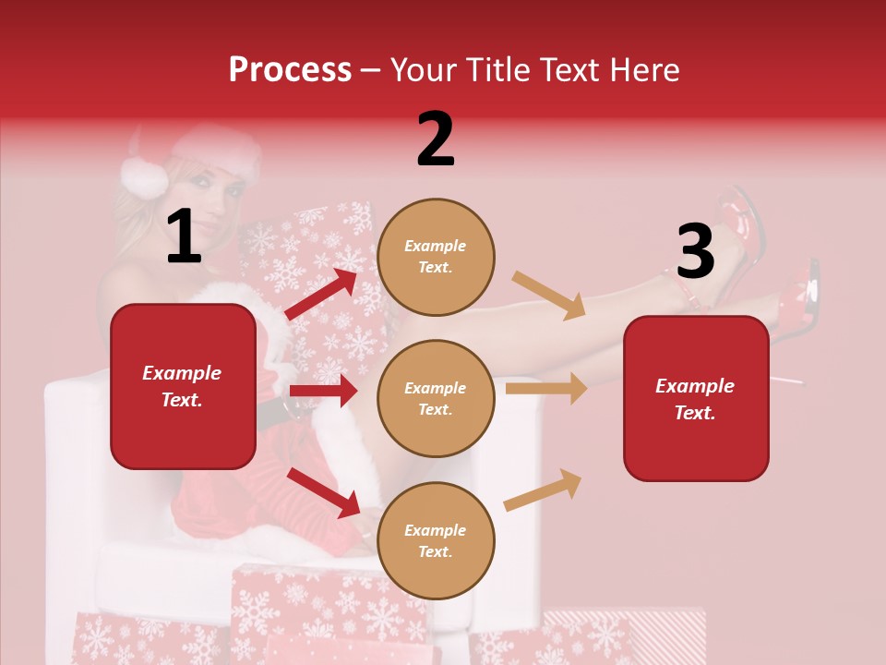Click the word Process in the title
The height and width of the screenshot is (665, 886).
point(290,70)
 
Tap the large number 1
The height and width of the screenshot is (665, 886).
point(184,236)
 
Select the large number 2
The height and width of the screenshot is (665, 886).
point(436,139)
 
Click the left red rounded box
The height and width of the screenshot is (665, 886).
point(183,386)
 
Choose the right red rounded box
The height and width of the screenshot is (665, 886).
point(696,398)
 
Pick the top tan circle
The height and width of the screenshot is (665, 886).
point(436,257)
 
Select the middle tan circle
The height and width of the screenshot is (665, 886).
point(436,398)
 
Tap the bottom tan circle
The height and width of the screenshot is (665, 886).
point(436,540)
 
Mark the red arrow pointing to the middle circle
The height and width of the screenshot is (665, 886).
point(323,391)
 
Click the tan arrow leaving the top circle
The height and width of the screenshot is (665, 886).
point(550,295)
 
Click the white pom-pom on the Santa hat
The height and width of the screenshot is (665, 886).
point(144,176)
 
